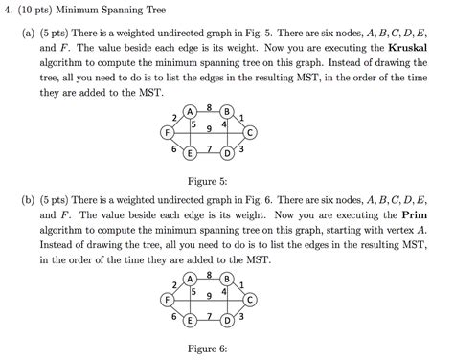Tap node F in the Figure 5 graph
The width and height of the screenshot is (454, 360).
coord(168,131)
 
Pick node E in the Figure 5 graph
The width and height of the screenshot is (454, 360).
coord(191,154)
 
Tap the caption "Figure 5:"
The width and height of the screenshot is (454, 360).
coord(209,180)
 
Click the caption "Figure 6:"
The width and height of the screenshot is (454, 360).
coord(209,349)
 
